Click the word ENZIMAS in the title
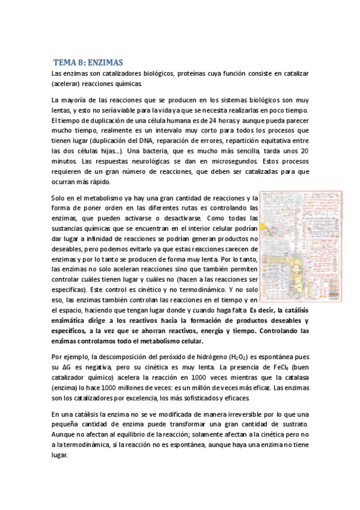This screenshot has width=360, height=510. click(105, 62)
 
